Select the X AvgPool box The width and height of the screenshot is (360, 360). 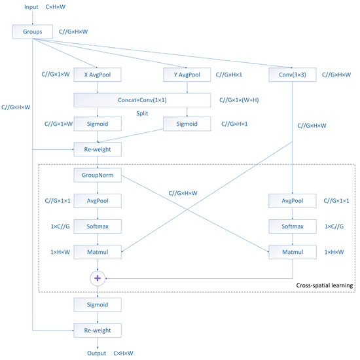pos(98,76)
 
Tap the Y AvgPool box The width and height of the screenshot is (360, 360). pos(187,76)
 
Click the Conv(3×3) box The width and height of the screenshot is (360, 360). pos(292,76)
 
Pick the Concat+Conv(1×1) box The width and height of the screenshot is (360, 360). pos(143,99)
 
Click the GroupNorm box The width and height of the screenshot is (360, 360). pos(98,175)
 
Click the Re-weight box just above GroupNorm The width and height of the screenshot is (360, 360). pos(98,149)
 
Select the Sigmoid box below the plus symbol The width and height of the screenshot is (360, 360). pos(98,304)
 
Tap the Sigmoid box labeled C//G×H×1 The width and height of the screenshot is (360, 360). pos(187,123)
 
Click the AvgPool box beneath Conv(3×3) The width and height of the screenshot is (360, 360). pos(292,200)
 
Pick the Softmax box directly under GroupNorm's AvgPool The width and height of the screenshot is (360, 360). pos(98,225)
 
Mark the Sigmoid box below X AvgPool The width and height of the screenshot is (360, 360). pos(98,123)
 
